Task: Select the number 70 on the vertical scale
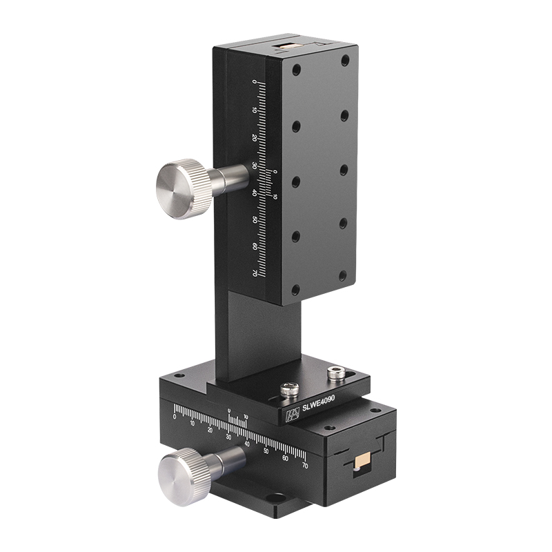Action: (x=255, y=273)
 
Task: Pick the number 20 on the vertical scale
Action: (x=255, y=138)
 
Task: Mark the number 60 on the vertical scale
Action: (x=255, y=246)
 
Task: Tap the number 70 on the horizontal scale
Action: (x=304, y=466)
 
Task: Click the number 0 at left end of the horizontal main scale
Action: (x=175, y=417)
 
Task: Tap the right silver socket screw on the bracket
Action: (x=336, y=373)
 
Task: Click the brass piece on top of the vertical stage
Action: (x=284, y=48)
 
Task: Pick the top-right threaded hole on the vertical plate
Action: (x=345, y=60)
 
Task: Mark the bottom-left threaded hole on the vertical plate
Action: (x=295, y=290)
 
